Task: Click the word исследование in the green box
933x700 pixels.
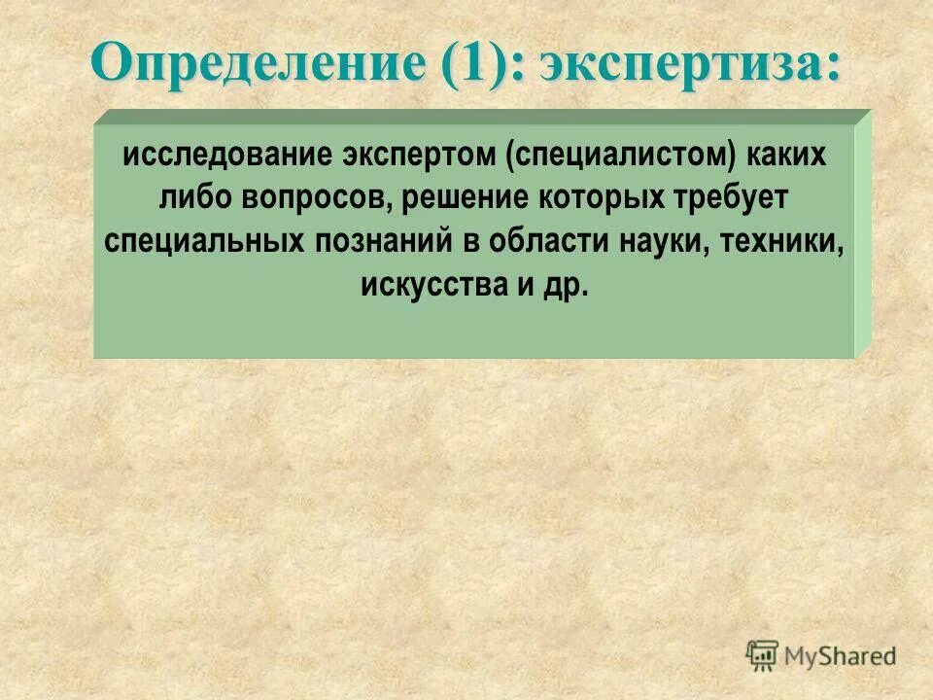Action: pos(225,156)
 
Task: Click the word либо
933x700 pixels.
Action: pos(191,198)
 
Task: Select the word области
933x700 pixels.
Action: pos(547,241)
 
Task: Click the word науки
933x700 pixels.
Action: pos(663,241)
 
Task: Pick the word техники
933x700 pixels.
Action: pos(783,241)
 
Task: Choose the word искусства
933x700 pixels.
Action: pos(430,285)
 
